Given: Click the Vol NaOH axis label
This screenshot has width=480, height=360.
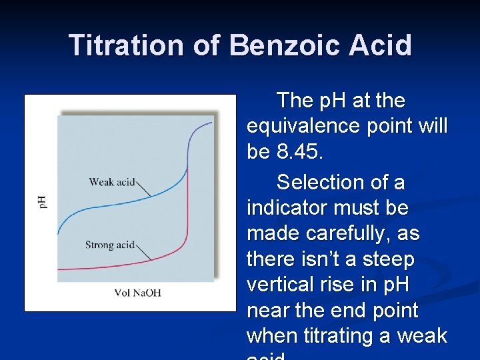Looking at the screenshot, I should point(137,293).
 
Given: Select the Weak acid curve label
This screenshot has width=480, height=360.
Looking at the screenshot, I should point(111,182).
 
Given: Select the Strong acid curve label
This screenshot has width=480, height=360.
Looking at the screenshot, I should point(110,245).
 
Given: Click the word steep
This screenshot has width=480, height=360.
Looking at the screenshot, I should point(385,259).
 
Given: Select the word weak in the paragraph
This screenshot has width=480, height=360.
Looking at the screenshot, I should point(421,336).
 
